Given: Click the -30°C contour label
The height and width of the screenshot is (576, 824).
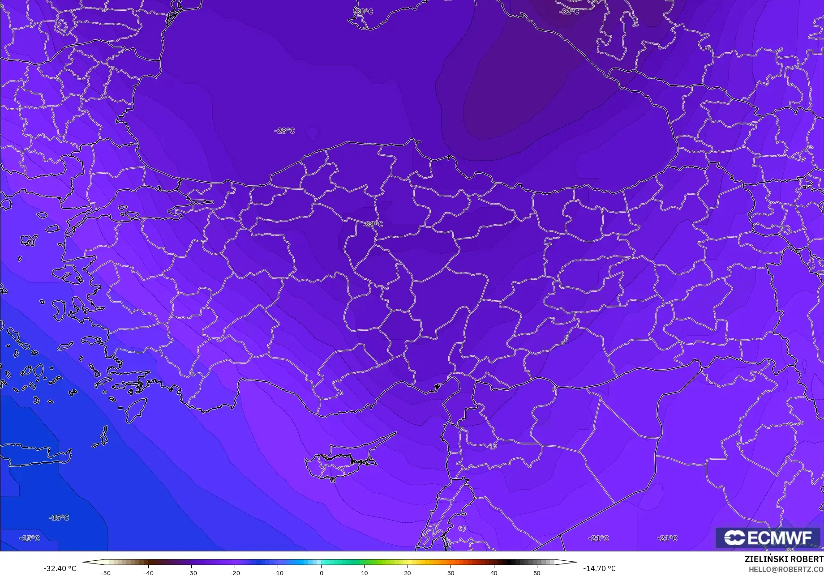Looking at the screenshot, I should click(x=364, y=11).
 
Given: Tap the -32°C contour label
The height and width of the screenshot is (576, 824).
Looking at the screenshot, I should click(x=570, y=11).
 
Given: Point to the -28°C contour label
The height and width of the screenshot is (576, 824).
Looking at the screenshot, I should click(x=285, y=131).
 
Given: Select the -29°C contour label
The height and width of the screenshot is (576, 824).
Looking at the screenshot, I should click(x=373, y=224).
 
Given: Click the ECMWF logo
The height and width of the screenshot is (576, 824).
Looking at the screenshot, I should click(x=768, y=538).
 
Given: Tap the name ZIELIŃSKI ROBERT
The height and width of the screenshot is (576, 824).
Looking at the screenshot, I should click(x=784, y=559).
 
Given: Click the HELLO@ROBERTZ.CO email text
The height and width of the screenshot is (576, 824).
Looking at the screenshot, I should click(x=786, y=569).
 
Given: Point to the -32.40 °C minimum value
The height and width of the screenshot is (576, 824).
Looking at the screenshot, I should click(x=60, y=568).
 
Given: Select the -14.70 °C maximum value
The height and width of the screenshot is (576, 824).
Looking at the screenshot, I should click(x=599, y=568).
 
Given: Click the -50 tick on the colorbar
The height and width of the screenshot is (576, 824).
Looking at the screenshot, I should click(x=105, y=573).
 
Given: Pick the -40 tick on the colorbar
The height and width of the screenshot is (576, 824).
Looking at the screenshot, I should click(x=148, y=573).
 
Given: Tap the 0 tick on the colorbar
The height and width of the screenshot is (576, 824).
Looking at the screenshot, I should click(x=321, y=573).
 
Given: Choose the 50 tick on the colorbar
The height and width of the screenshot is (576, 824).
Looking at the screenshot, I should click(x=537, y=573).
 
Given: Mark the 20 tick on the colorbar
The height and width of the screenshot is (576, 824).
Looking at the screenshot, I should click(x=408, y=573).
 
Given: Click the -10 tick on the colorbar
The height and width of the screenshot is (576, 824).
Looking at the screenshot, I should click(x=278, y=573).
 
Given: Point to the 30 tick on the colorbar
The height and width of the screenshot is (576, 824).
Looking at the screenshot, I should click(x=451, y=573).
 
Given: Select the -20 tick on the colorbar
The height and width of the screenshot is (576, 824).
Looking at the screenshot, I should click(x=235, y=573).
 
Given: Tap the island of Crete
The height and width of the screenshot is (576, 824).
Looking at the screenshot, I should click(x=36, y=454).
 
